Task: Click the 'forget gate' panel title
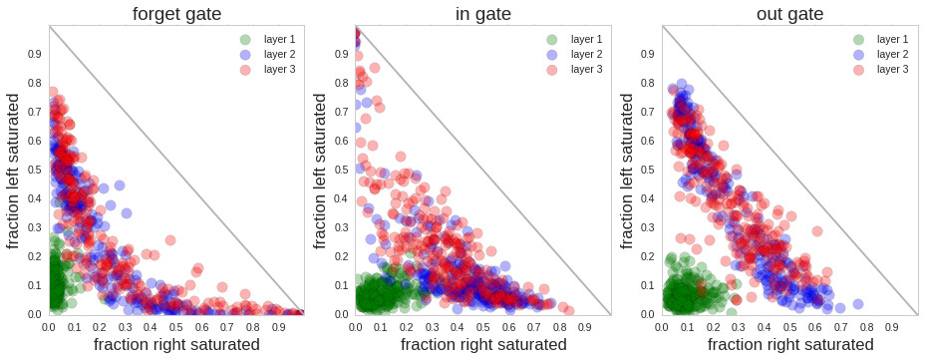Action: (x=176, y=13)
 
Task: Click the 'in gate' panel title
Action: (x=483, y=13)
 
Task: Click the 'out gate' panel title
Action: (x=789, y=13)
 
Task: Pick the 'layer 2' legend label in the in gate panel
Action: (x=587, y=54)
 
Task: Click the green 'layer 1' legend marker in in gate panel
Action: (x=552, y=39)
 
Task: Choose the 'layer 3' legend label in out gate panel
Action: (x=893, y=69)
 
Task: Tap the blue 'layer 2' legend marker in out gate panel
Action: (x=858, y=54)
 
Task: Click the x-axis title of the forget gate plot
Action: (x=176, y=345)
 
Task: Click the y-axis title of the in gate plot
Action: (x=321, y=171)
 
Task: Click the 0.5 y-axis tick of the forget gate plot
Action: (x=35, y=171)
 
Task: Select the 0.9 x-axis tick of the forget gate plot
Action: (x=278, y=325)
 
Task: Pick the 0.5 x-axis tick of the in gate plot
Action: (x=483, y=325)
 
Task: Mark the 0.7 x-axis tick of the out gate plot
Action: (x=840, y=325)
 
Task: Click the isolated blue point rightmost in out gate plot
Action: (x=857, y=304)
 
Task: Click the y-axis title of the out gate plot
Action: (x=628, y=171)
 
